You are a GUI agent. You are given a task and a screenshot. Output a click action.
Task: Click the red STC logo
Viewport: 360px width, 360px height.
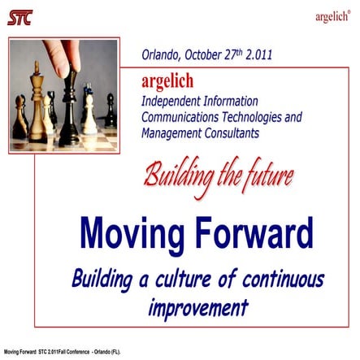(20, 17)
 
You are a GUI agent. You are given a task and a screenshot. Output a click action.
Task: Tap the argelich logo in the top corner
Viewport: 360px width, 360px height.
(333, 16)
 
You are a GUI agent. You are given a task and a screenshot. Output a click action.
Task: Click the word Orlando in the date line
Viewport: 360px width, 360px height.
(163, 57)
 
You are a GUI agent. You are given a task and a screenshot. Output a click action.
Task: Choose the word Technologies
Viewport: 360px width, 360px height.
(258, 117)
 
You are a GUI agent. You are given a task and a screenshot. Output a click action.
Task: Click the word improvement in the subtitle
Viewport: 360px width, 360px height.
(197, 309)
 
